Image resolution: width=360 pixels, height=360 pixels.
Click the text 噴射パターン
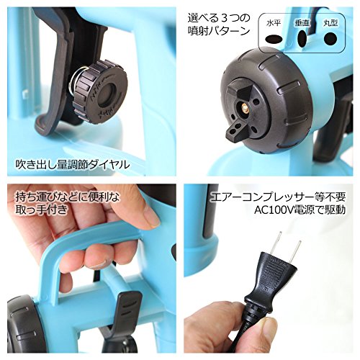pos(215,32)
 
